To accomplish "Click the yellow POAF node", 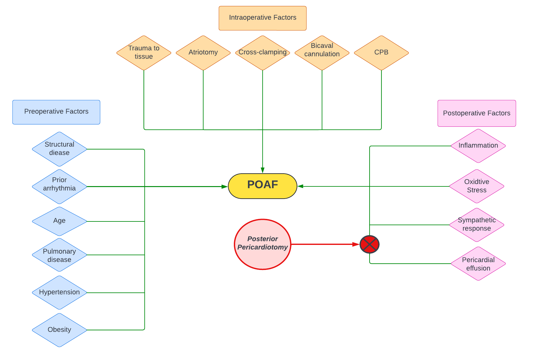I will [x=262, y=186].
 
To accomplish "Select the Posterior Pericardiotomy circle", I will [x=262, y=244].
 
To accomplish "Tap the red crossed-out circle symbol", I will [x=369, y=244].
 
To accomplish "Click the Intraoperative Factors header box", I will [x=262, y=18].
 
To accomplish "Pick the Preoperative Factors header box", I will [x=56, y=112].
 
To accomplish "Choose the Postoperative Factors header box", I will [x=476, y=113].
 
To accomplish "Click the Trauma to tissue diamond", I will [x=144, y=53].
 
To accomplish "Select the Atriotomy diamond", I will [x=203, y=53].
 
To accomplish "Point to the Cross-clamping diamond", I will [x=262, y=53].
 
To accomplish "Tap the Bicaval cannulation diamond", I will [x=322, y=53].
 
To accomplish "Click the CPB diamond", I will [x=381, y=53].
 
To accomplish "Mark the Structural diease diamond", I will [x=59, y=149].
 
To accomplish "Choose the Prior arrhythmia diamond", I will [x=59, y=186].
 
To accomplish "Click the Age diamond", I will [x=59, y=221].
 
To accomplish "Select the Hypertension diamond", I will [x=59, y=292].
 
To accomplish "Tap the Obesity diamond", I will [x=59, y=330].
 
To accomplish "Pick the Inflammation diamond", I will [x=478, y=146].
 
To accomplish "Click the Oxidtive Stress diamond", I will [x=476, y=186].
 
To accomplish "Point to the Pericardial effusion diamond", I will [x=478, y=263].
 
